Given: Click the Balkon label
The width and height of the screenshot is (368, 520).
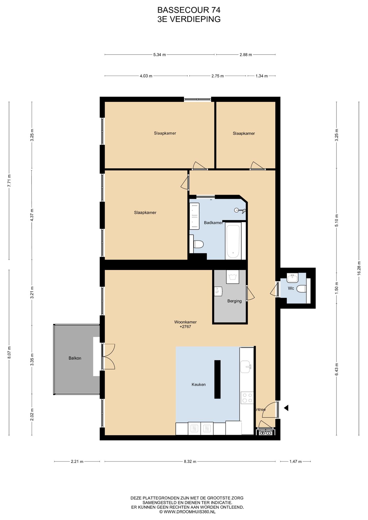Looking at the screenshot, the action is tap(75, 358).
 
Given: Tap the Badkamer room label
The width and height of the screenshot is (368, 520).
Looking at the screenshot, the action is tap(213, 223).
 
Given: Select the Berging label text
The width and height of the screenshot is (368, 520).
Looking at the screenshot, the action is tap(234, 301).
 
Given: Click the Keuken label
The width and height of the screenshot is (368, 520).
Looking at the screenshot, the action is tap(198, 384).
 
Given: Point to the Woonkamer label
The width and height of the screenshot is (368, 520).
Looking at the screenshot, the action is tap(185, 322).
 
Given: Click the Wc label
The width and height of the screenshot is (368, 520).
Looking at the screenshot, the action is tap(291, 288).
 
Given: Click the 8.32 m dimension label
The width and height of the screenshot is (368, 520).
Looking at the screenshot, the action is tap(190, 462).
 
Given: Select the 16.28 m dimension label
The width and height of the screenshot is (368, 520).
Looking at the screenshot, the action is tap(359, 268).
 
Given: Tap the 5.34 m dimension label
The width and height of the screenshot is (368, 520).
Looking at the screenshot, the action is tap(159, 55).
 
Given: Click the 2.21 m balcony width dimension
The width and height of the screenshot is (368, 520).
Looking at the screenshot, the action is tap(77, 462).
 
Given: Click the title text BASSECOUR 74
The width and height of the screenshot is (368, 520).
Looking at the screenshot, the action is tap(189, 10).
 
